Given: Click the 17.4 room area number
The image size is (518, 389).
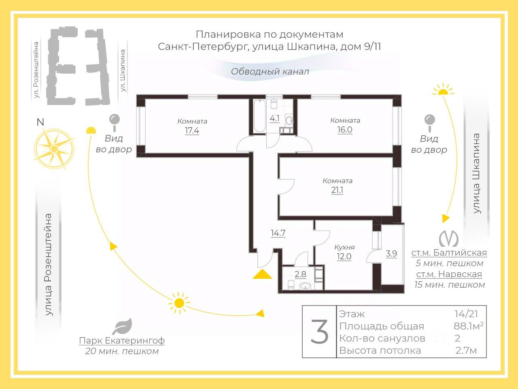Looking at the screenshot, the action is click(192, 131).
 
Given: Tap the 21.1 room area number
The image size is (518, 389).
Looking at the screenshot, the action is click(337, 190).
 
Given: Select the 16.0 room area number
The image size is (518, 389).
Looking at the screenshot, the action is click(345, 130).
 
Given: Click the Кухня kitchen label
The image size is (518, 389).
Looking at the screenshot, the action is click(344, 247).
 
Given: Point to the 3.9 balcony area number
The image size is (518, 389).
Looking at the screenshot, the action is click(391, 254).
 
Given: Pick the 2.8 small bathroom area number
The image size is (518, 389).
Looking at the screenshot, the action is click(300, 274).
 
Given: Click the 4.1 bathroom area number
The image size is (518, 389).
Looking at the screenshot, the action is click(274, 119).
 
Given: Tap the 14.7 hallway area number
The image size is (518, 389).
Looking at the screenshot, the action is click(278, 233).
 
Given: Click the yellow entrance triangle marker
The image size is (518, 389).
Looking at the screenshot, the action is click(262, 274).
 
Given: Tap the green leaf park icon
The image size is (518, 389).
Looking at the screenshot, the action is click(122, 327).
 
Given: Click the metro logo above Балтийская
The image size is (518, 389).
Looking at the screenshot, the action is click(449, 237).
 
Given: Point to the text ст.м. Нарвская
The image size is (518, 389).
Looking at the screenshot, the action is click(449, 274).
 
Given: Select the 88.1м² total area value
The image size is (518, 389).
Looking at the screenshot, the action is click(469, 326).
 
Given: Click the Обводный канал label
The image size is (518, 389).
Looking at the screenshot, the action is click(270, 72).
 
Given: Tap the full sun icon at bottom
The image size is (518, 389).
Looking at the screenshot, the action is click(179, 302).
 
